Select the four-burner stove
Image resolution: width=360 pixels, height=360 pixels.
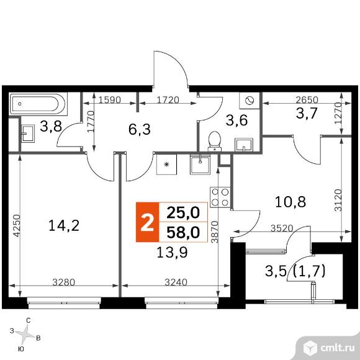pyautogui.click(x=219, y=197)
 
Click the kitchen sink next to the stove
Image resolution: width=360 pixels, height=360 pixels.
pyautogui.click(x=199, y=165)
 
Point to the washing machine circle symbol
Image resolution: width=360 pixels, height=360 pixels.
pyautogui.click(x=250, y=101)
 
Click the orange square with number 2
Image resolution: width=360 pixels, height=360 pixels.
pyautogui.click(x=147, y=223)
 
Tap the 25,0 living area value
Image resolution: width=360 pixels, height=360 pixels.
pyautogui.click(x=183, y=212)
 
